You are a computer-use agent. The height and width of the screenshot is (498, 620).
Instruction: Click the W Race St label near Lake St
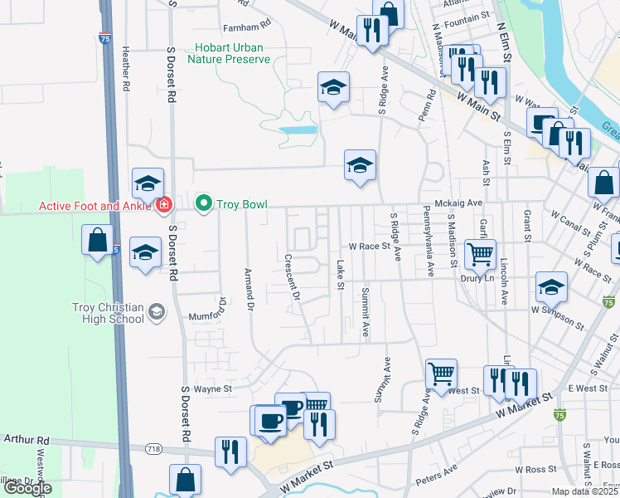[x=369, y=246]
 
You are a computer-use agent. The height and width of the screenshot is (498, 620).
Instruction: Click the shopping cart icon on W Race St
[x=480, y=254]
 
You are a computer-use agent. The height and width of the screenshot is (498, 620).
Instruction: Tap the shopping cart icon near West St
[x=441, y=373]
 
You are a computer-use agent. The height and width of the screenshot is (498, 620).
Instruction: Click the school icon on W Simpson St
[x=551, y=287]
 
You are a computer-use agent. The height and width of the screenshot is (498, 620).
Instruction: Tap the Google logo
[x=27, y=488]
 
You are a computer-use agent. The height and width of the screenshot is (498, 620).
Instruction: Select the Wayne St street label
[x=212, y=388]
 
